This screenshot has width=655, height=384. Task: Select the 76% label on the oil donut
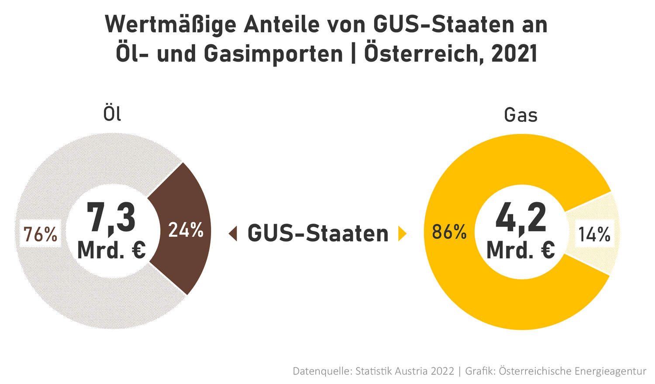coord(40,234)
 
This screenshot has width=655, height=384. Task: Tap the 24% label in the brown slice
coord(186,230)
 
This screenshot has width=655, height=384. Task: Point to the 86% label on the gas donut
coord(449,232)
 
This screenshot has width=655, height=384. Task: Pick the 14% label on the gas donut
coord(594,234)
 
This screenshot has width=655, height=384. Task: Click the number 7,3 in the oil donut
coord(111,217)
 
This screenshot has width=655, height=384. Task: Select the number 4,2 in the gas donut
coord(521,217)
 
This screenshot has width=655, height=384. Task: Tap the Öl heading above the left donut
coord(112,114)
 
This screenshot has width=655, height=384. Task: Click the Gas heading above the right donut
coord(521,115)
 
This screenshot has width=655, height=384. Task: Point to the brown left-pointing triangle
coord(233,233)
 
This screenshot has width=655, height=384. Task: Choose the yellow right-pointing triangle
coord(402,234)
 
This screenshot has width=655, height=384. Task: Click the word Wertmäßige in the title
coord(170,25)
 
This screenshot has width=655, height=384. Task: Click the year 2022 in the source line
coord(442,371)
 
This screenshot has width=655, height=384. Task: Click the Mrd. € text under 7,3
coord(111,250)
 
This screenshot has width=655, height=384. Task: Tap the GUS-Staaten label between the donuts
coord(318,233)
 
